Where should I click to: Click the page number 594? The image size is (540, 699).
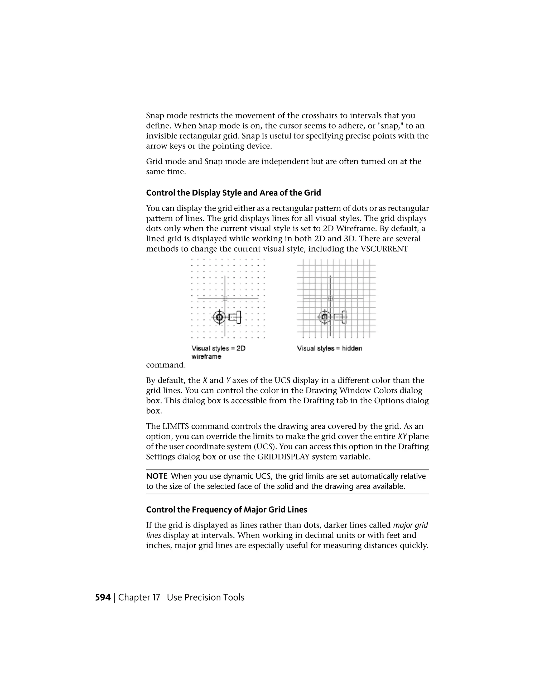pyautogui.click(x=103, y=597)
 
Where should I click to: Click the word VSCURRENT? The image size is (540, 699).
pyautogui.click(x=384, y=249)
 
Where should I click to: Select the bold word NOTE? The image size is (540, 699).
pyautogui.click(x=157, y=476)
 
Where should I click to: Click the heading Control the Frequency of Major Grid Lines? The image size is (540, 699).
pyautogui.click(x=226, y=510)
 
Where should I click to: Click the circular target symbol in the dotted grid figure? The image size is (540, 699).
pyautogui.click(x=219, y=317)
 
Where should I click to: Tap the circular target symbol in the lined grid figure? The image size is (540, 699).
pyautogui.click(x=324, y=317)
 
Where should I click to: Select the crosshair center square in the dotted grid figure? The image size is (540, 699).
pyautogui.click(x=225, y=299)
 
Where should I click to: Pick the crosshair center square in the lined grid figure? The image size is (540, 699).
pyautogui.click(x=330, y=299)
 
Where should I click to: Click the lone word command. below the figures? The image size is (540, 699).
pyautogui.click(x=166, y=365)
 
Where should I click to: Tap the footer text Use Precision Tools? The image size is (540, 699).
pyautogui.click(x=205, y=597)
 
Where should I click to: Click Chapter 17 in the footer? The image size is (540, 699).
pyautogui.click(x=139, y=597)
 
